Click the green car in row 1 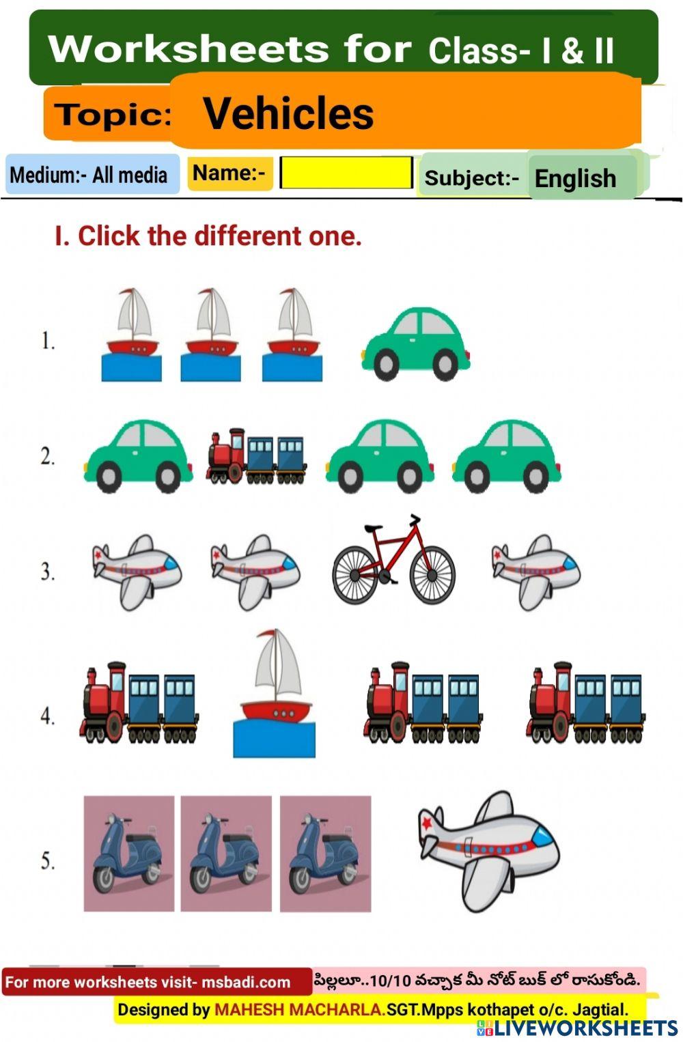pos(415,343)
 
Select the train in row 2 pos(256,457)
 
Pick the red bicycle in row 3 pos(393,561)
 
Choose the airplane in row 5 pos(488,849)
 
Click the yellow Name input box pos(346,173)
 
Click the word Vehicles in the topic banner pos(288,113)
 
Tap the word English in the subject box pos(575,178)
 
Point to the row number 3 pos(47,572)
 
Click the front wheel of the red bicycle pos(432,575)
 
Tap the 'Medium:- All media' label pos(89,175)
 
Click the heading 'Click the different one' pos(208,236)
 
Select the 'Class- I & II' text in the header pos(521,51)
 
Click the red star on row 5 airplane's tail pos(428,823)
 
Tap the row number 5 pos(47,860)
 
